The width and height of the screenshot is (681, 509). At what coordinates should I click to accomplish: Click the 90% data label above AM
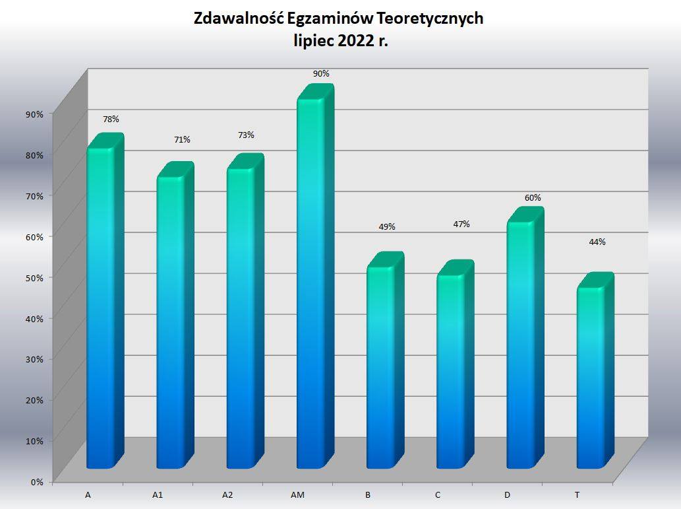pos(321,74)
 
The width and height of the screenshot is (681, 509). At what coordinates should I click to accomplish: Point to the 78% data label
pos(111,119)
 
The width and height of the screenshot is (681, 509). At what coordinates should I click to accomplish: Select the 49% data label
pos(387,227)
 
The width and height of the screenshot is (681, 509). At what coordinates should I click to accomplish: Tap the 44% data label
pos(597,242)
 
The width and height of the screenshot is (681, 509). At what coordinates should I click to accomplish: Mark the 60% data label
pos(533,198)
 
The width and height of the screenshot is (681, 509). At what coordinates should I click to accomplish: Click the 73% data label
pos(246,135)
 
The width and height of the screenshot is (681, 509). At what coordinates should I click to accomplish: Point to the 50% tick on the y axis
pos(34,277)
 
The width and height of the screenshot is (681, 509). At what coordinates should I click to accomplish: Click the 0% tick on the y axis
pos(37,482)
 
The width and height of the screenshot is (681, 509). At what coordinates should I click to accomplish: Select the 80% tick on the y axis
pos(34,154)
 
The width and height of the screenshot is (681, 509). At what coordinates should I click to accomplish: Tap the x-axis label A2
pos(227,495)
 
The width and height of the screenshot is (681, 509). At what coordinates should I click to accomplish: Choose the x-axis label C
pos(438,495)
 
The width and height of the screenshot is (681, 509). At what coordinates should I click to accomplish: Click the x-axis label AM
pos(297,495)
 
